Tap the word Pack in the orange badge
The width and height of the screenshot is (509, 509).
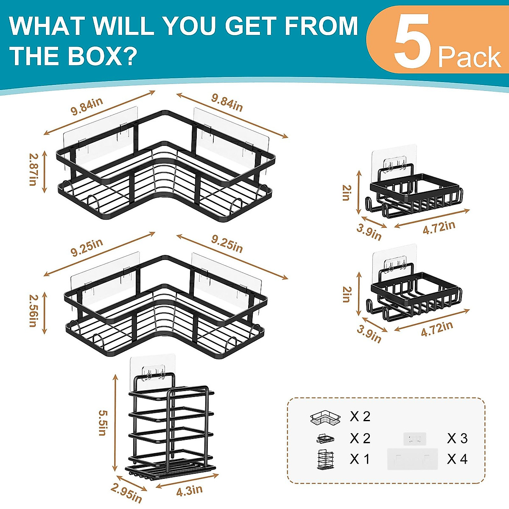[x=469, y=57]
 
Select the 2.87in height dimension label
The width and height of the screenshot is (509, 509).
[x=33, y=169]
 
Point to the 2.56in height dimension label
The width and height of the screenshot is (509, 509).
[x=33, y=311]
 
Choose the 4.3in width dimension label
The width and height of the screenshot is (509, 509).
[x=189, y=491]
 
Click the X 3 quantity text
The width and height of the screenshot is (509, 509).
[x=457, y=438]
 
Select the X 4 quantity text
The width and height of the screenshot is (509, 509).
[x=457, y=459]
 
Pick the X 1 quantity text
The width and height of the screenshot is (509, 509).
[x=360, y=459]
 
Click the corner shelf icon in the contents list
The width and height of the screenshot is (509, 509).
[x=325, y=418]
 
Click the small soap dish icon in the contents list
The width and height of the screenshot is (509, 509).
[x=325, y=438]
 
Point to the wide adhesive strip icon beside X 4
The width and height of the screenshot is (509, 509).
[x=412, y=459]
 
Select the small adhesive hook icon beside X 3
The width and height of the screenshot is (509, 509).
[x=414, y=439]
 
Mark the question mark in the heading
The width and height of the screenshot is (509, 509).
[x=131, y=56]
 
